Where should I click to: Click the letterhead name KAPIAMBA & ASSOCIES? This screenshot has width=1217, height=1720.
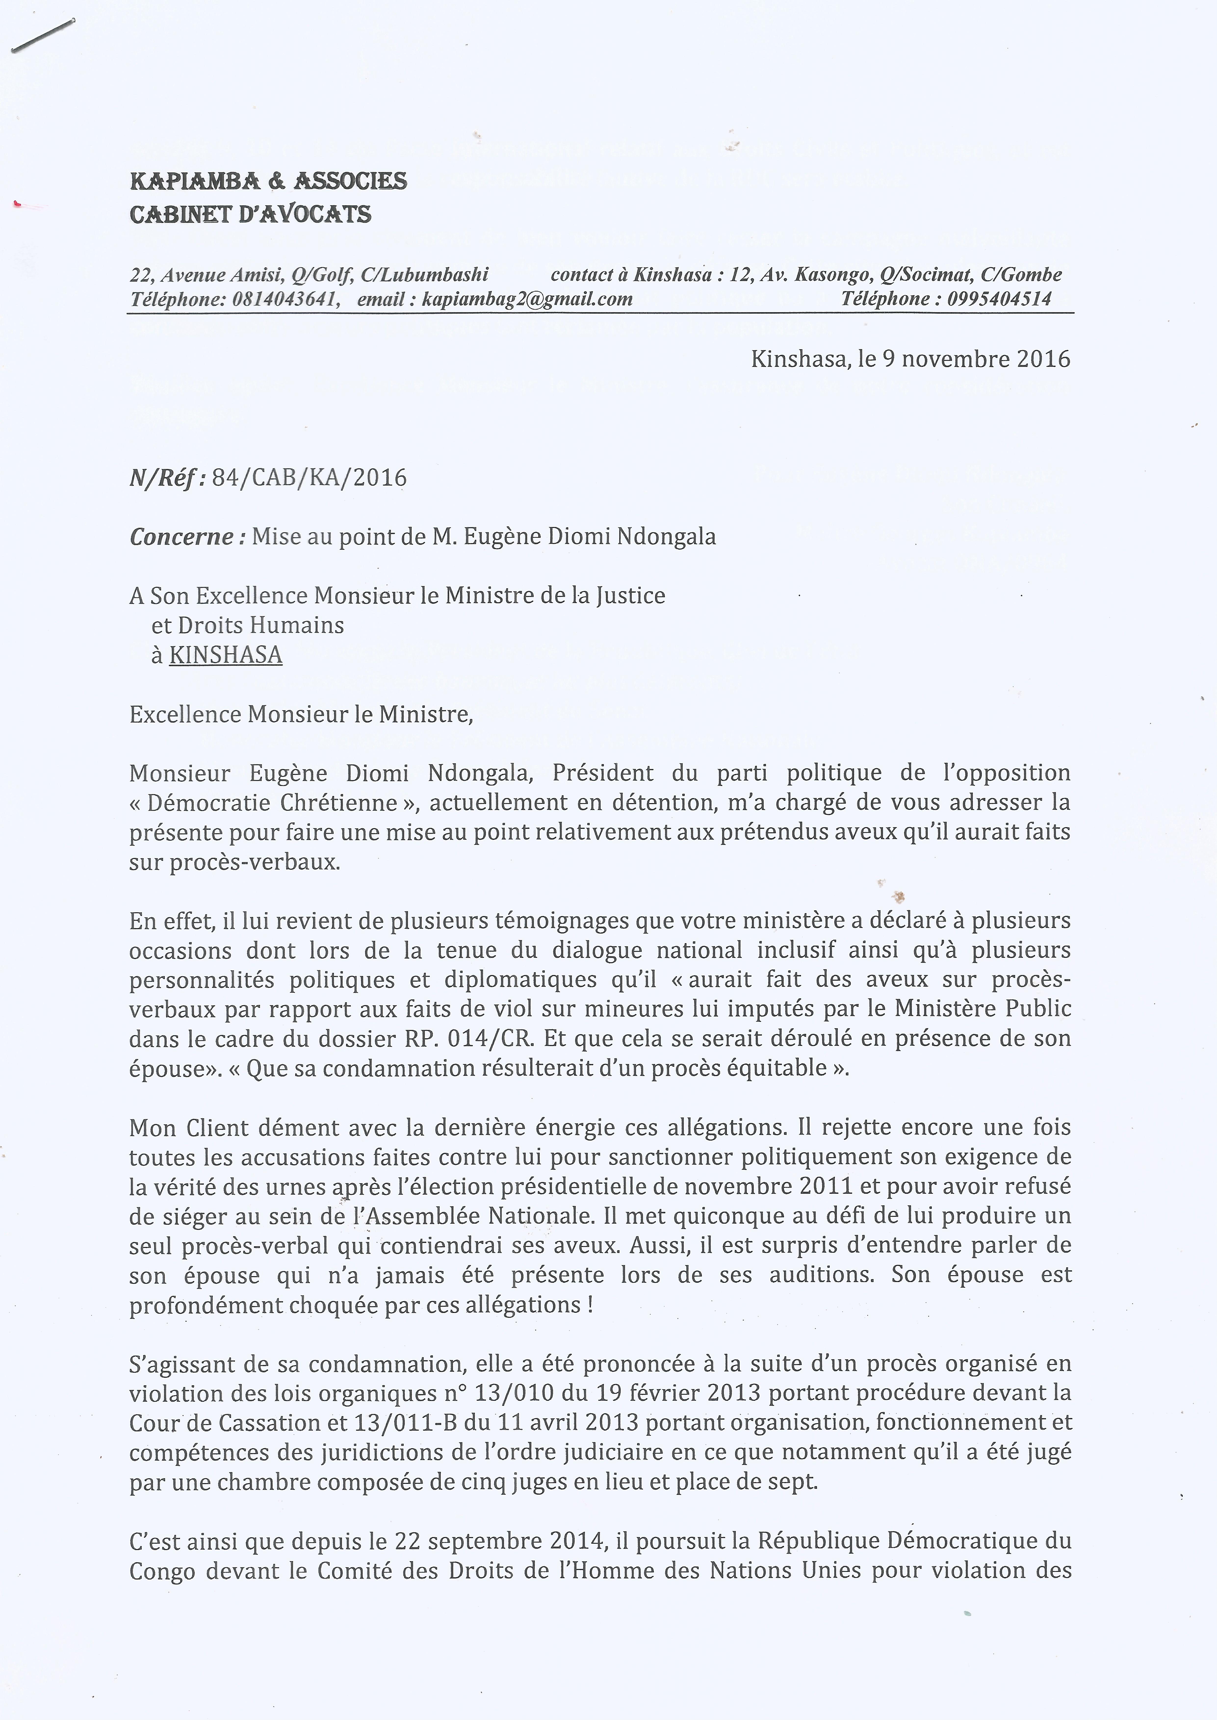point(268,180)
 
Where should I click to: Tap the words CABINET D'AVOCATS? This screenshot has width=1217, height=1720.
point(250,215)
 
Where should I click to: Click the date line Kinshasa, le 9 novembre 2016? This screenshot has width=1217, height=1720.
point(910,359)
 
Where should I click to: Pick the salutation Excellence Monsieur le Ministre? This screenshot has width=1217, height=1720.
point(301,715)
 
